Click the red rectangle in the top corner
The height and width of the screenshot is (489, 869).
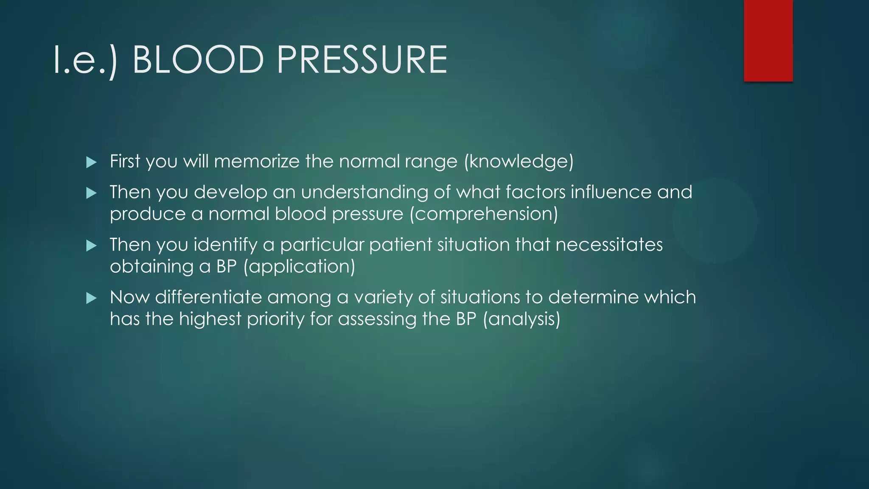pos(768,41)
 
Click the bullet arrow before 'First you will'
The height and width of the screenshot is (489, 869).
pos(91,162)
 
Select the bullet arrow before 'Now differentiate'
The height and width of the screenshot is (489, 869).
pos(91,298)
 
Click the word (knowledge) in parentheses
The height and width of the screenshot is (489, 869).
pos(519,162)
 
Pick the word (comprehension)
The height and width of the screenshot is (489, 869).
pos(484,214)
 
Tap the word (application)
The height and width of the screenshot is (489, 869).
pos(300,267)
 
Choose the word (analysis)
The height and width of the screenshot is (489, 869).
pos(521,319)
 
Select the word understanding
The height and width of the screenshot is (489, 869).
pos(364,192)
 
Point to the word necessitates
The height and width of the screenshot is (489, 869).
pos(609,244)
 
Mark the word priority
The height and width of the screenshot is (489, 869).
pos(275,319)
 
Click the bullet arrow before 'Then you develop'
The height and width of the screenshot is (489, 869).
pos(91,194)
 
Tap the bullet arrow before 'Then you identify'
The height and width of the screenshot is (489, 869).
pos(91,246)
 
